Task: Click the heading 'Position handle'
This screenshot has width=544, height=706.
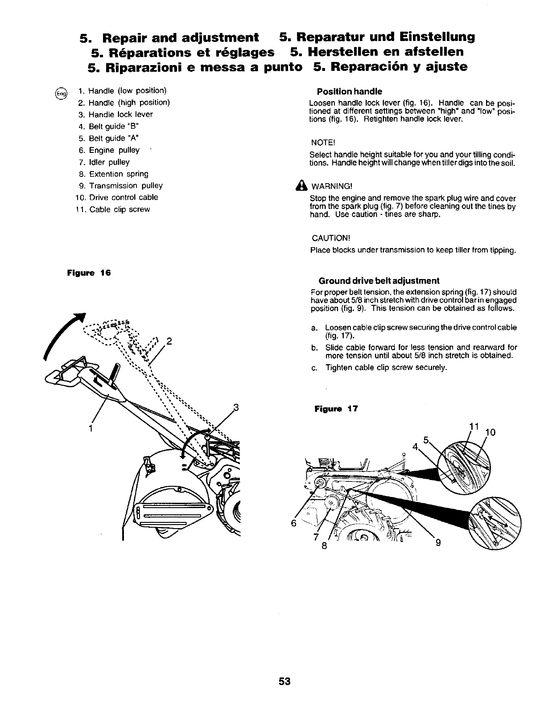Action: (x=349, y=91)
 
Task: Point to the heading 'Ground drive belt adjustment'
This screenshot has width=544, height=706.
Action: (x=379, y=280)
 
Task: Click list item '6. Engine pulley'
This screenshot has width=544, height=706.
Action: (x=108, y=150)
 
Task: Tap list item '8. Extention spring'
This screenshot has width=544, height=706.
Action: (x=112, y=174)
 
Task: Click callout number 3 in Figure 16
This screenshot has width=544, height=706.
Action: (x=236, y=407)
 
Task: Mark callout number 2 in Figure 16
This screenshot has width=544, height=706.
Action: (x=169, y=342)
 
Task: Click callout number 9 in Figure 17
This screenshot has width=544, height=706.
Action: (x=438, y=542)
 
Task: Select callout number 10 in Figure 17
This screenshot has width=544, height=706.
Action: (x=490, y=432)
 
